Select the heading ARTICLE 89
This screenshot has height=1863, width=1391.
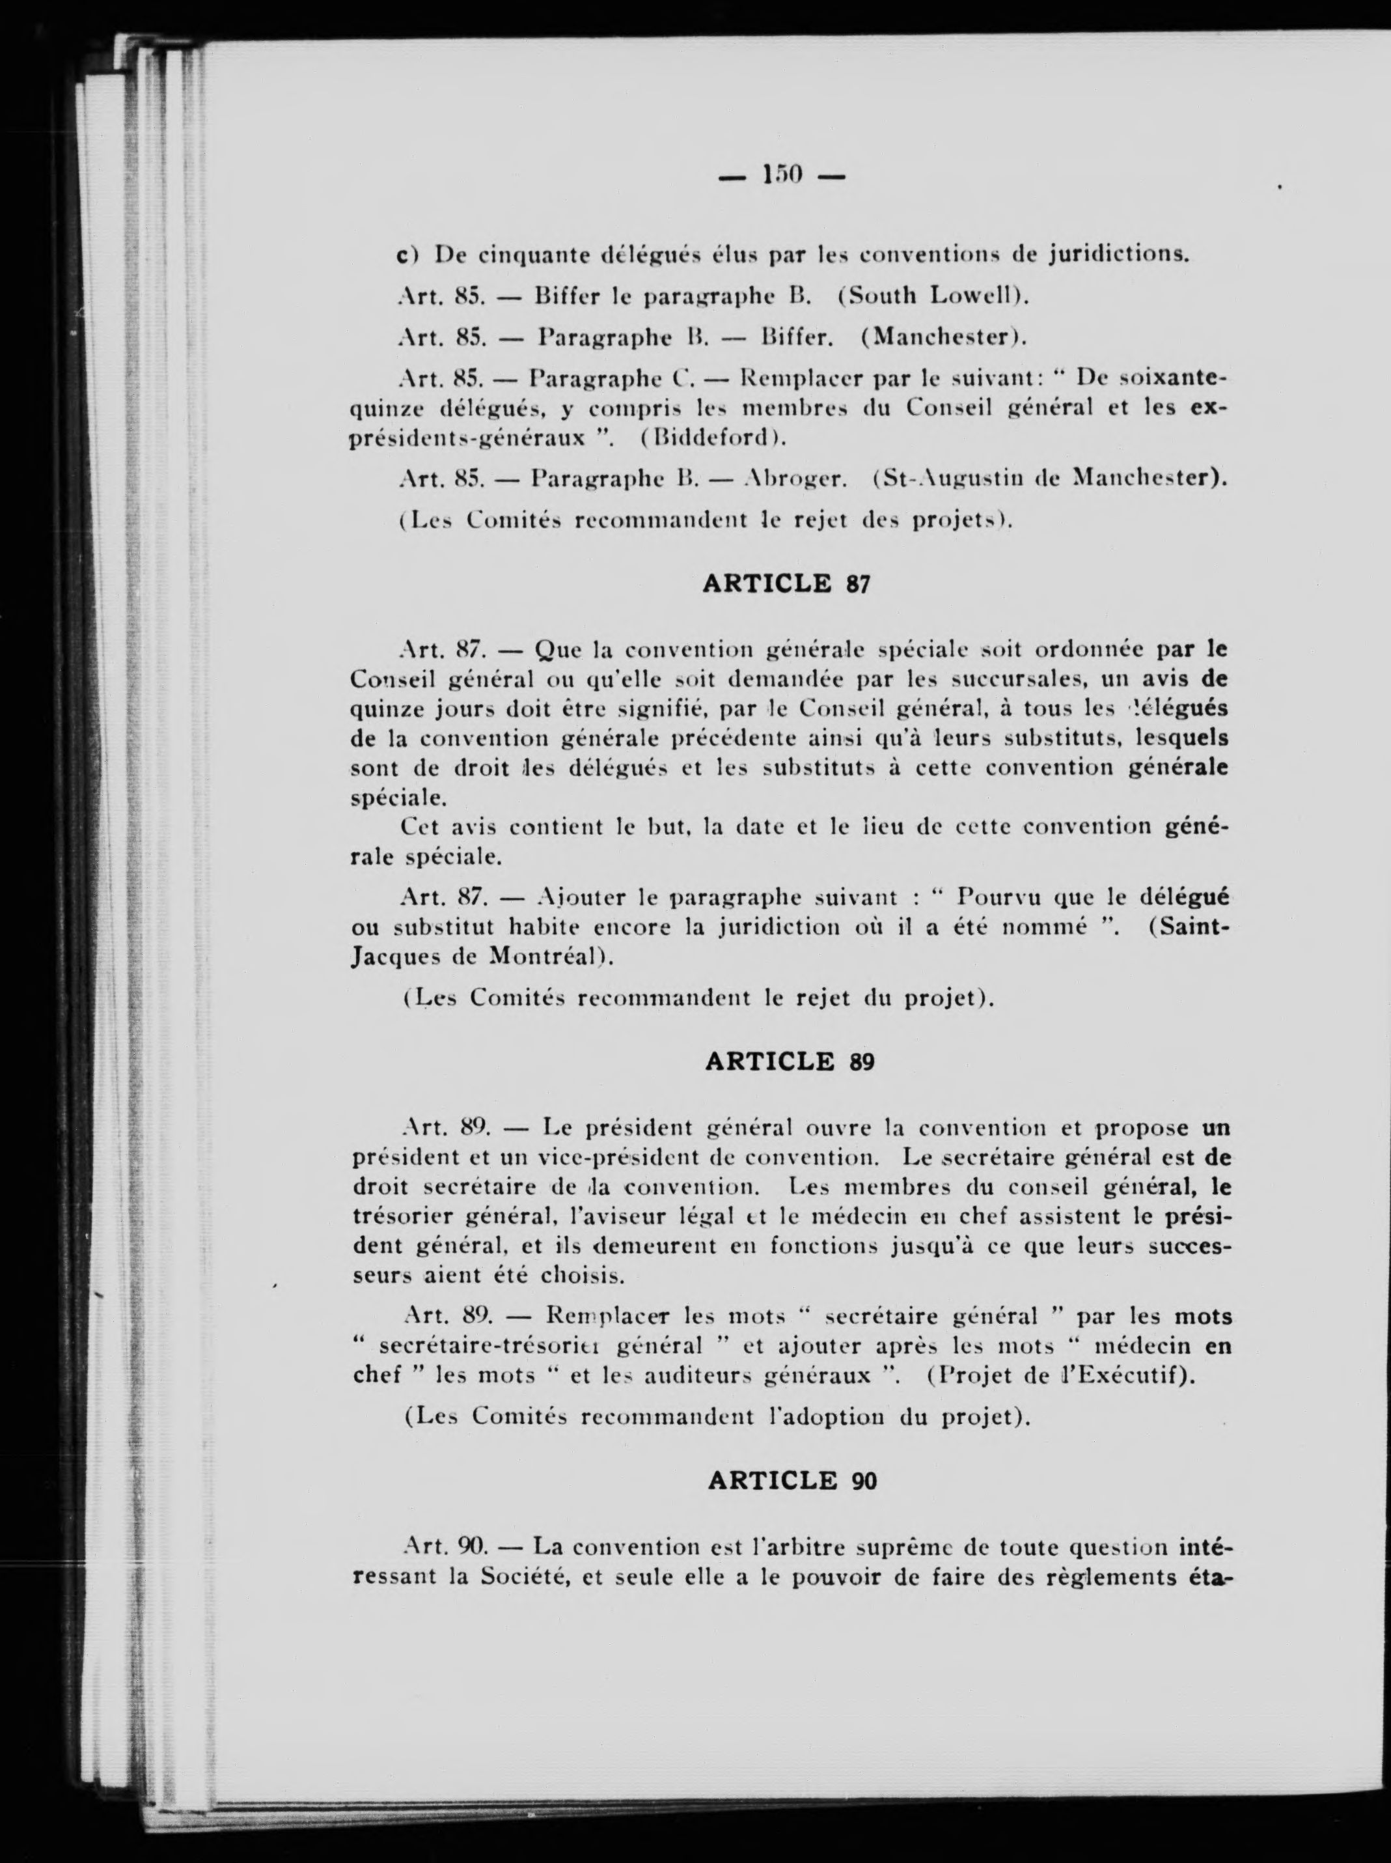point(789,1062)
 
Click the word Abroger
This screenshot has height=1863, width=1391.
point(795,479)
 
